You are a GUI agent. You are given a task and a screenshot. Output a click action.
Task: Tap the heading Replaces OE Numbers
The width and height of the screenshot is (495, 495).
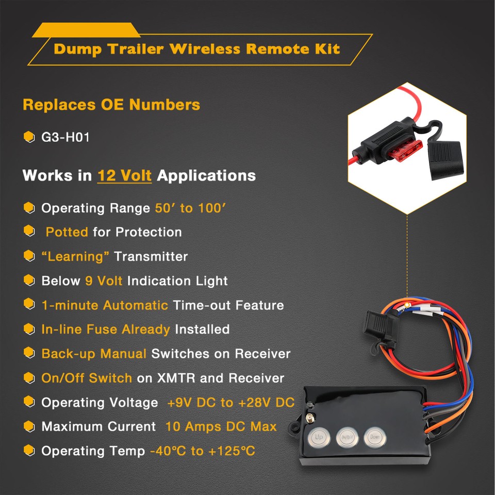click(111, 105)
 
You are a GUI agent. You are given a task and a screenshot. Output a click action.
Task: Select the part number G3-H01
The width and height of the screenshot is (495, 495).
click(65, 138)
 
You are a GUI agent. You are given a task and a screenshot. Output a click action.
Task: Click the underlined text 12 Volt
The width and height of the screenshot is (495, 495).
click(124, 175)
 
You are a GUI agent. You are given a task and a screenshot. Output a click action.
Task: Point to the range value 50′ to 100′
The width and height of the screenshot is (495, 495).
click(191, 208)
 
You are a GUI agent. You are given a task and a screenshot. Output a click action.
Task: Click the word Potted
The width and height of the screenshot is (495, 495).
click(67, 232)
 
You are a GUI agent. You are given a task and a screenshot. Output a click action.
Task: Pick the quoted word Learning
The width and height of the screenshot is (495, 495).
click(75, 256)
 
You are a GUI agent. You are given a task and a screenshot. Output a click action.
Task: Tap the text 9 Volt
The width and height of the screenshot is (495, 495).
click(104, 281)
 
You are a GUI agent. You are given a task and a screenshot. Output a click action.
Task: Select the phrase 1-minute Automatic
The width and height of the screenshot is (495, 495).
click(105, 305)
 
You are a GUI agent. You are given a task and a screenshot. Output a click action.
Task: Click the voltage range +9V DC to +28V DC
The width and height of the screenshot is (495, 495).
click(230, 403)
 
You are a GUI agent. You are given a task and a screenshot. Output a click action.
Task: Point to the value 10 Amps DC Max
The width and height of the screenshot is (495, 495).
click(221, 427)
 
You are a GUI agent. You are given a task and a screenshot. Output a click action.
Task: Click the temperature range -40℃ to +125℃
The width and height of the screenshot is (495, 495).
click(203, 451)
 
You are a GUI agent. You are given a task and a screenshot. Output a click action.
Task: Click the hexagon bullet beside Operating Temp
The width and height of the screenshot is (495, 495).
click(29, 451)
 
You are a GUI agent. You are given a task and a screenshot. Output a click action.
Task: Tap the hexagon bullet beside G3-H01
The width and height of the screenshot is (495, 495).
click(29, 138)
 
